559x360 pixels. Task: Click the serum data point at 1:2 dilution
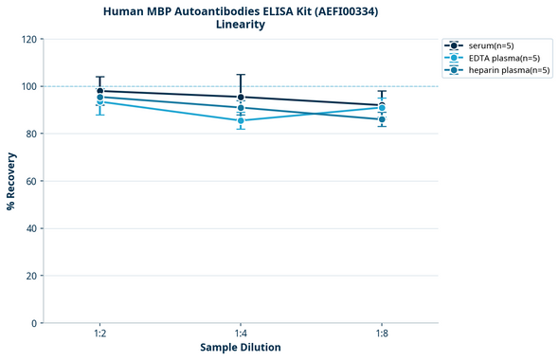pos(99,91)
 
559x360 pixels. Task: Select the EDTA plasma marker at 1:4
pos(241,120)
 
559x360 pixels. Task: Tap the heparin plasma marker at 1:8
pos(382,119)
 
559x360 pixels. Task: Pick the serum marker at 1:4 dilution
pos(241,97)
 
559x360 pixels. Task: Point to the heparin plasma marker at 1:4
pos(241,108)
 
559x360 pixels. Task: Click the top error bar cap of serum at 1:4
pos(241,75)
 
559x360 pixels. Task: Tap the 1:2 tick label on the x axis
pos(99,333)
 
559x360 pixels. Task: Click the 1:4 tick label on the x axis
pos(241,333)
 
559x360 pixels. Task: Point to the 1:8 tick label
pos(382,333)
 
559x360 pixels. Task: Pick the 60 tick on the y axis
pos(31,181)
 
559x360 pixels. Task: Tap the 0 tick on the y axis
pos(34,323)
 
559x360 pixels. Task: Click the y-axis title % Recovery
pos(11,181)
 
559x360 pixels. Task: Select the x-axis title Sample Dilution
pos(241,348)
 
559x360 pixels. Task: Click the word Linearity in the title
pos(241,25)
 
